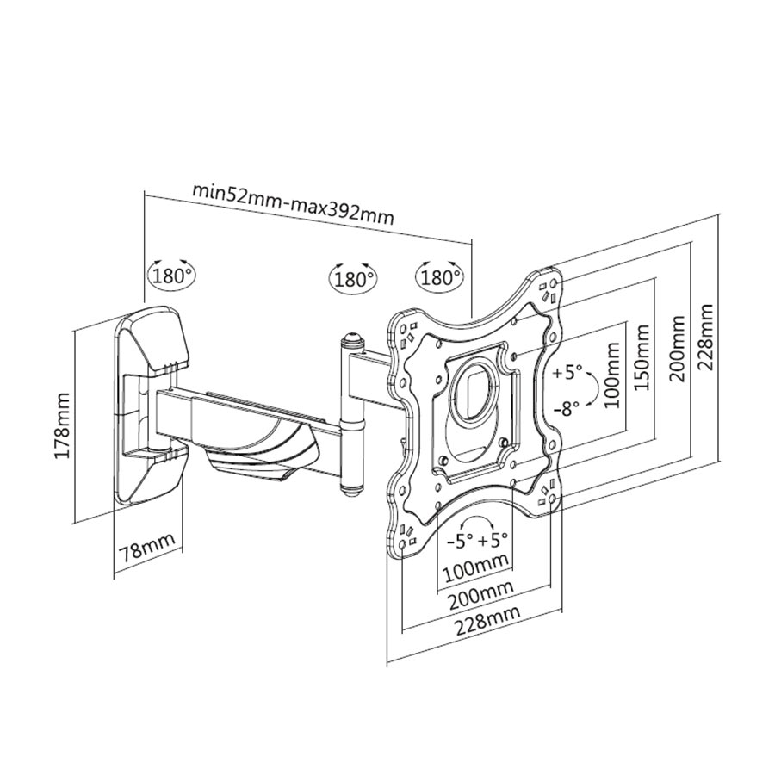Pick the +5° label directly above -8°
coord(567,374)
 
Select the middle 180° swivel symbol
coord(352,278)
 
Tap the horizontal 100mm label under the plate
coord(474,569)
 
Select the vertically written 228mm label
coord(706,337)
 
